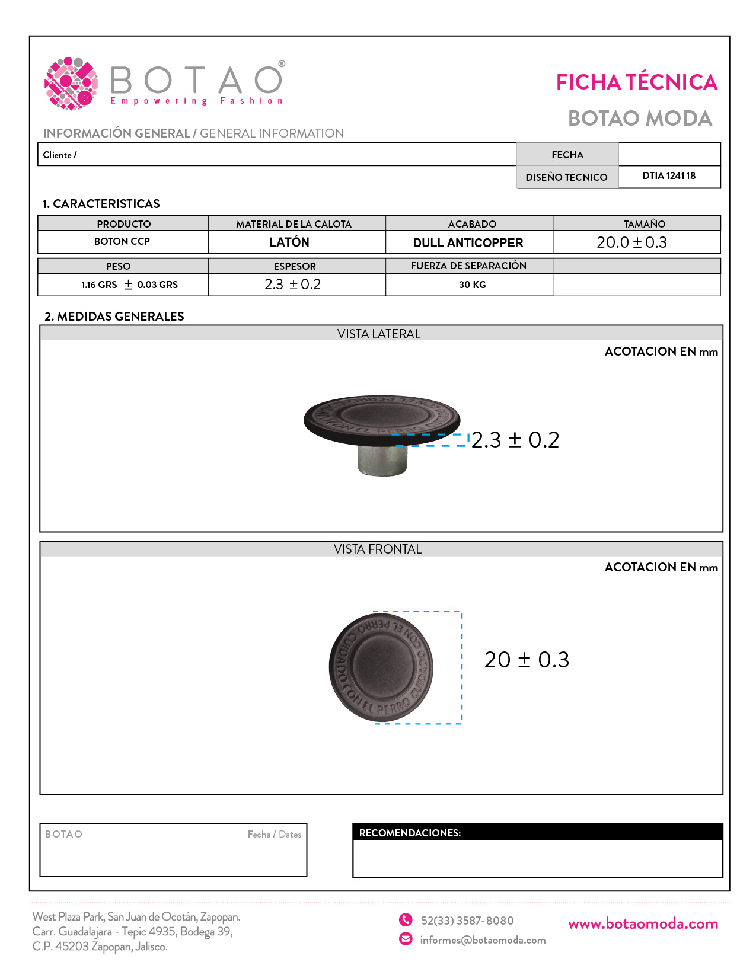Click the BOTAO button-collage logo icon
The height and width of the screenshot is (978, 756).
click(x=71, y=84)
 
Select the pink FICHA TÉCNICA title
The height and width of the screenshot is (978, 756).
click(x=636, y=82)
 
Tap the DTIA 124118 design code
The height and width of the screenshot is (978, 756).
click(x=669, y=176)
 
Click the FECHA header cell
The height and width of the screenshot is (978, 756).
click(x=567, y=155)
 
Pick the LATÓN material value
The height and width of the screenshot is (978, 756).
click(x=289, y=242)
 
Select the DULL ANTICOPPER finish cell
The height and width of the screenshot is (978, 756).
click(x=468, y=243)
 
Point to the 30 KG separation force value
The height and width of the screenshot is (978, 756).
click(x=472, y=285)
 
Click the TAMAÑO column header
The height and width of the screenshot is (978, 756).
click(x=644, y=224)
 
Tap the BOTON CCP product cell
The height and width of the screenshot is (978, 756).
click(x=122, y=242)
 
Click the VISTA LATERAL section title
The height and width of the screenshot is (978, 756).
click(x=379, y=334)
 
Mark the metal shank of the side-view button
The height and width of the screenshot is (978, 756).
click(x=382, y=460)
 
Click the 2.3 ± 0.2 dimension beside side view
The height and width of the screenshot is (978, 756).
click(x=515, y=440)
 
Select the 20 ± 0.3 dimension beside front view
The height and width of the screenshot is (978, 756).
click(x=527, y=660)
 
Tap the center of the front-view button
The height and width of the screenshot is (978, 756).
click(x=381, y=667)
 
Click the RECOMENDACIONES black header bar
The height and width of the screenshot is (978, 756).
click(x=537, y=833)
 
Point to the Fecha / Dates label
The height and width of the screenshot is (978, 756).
click(x=274, y=835)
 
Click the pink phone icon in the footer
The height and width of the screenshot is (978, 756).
click(x=406, y=920)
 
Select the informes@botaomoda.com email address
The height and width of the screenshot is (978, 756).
click(x=483, y=940)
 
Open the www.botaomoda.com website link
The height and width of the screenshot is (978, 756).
click(x=643, y=924)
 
